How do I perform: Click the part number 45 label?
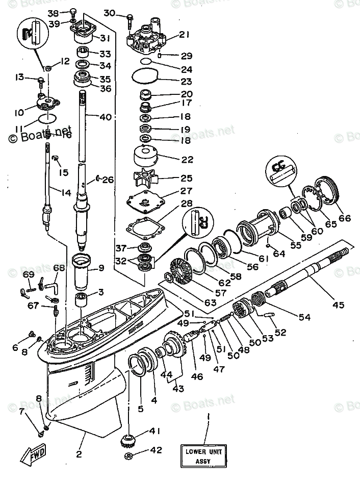338,305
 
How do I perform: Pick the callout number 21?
184,35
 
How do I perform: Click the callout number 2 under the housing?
79,454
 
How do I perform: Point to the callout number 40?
105,117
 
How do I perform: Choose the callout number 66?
345,218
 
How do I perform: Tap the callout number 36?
105,88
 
